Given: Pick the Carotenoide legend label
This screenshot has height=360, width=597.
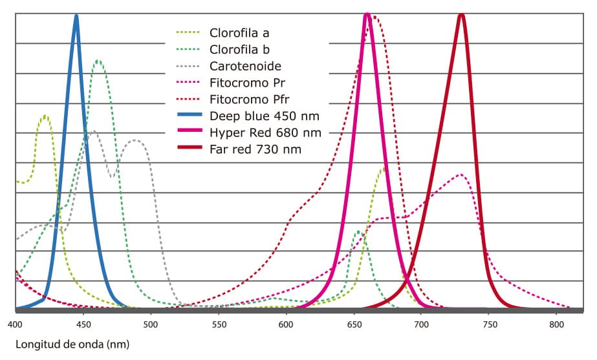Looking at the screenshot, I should [245, 65].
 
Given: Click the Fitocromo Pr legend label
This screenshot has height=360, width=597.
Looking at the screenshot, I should [248, 82].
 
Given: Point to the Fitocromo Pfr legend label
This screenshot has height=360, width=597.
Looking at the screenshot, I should [250, 99].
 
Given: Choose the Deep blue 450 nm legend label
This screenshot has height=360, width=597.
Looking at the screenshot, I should [265, 116].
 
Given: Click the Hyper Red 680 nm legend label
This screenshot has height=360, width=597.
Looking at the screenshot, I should [265, 132].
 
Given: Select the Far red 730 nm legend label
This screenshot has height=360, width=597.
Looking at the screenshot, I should [255, 149].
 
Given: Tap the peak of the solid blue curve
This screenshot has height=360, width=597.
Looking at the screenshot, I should [76, 17].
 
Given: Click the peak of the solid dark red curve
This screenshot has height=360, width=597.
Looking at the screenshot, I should [461, 16].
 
